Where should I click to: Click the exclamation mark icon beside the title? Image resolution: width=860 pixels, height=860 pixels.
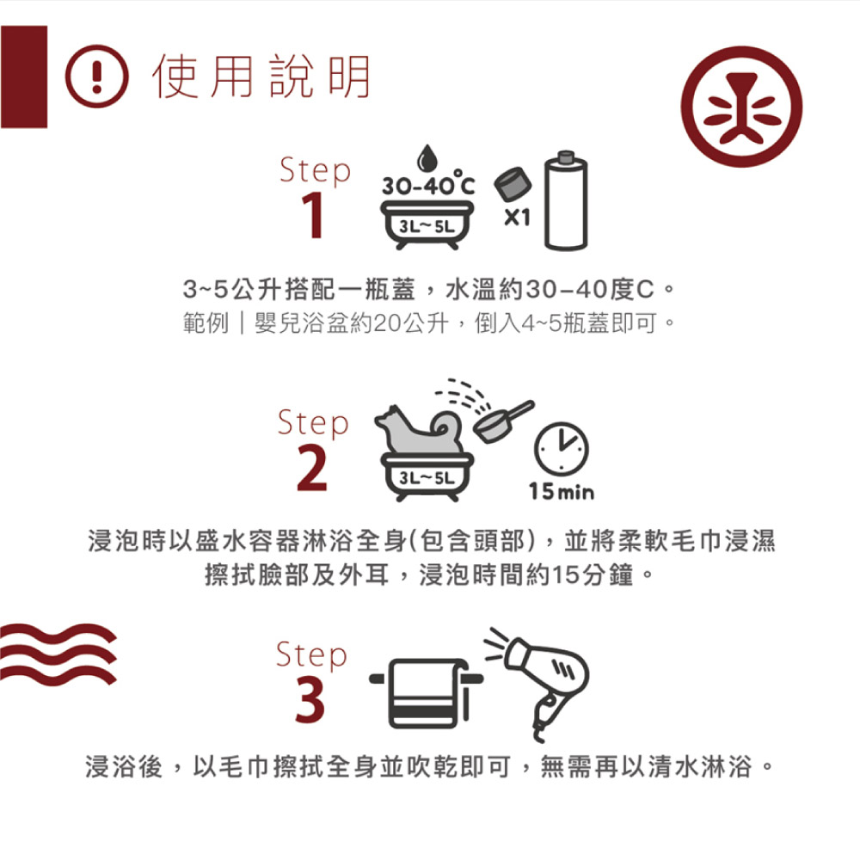[x=97, y=77]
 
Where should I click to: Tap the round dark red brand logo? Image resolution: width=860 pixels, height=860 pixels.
[x=741, y=107]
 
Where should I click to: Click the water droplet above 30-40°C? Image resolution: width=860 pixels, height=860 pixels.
[x=427, y=158]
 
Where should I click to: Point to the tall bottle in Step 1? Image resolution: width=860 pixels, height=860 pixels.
[x=566, y=200]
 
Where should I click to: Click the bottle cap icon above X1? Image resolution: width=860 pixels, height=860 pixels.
[x=513, y=184]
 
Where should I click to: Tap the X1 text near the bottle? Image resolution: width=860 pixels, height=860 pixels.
[x=517, y=218]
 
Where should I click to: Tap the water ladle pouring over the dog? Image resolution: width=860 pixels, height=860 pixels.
[x=501, y=421]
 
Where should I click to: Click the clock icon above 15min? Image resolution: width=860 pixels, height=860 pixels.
[x=561, y=449]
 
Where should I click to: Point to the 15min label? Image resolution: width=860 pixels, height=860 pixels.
[x=562, y=491]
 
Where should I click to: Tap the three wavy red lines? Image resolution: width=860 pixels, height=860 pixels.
[x=58, y=654]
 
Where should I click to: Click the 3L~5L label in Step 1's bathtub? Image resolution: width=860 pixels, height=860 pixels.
[x=427, y=226]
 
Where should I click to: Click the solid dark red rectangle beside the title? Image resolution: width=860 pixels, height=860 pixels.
[x=23, y=77]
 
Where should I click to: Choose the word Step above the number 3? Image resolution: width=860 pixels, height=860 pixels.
[x=311, y=654]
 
